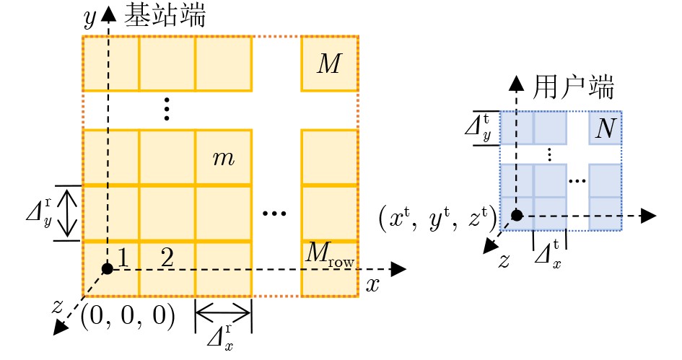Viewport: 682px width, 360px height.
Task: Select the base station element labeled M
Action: coord(328,64)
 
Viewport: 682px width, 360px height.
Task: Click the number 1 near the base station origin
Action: coord(123,258)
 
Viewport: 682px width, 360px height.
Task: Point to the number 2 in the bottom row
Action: coord(167,258)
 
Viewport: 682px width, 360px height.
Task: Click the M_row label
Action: coord(329,255)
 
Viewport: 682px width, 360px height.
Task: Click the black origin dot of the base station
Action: coord(108,269)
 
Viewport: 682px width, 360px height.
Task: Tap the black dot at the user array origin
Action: coord(517,215)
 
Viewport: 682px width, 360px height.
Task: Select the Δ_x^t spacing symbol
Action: coord(547,253)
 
